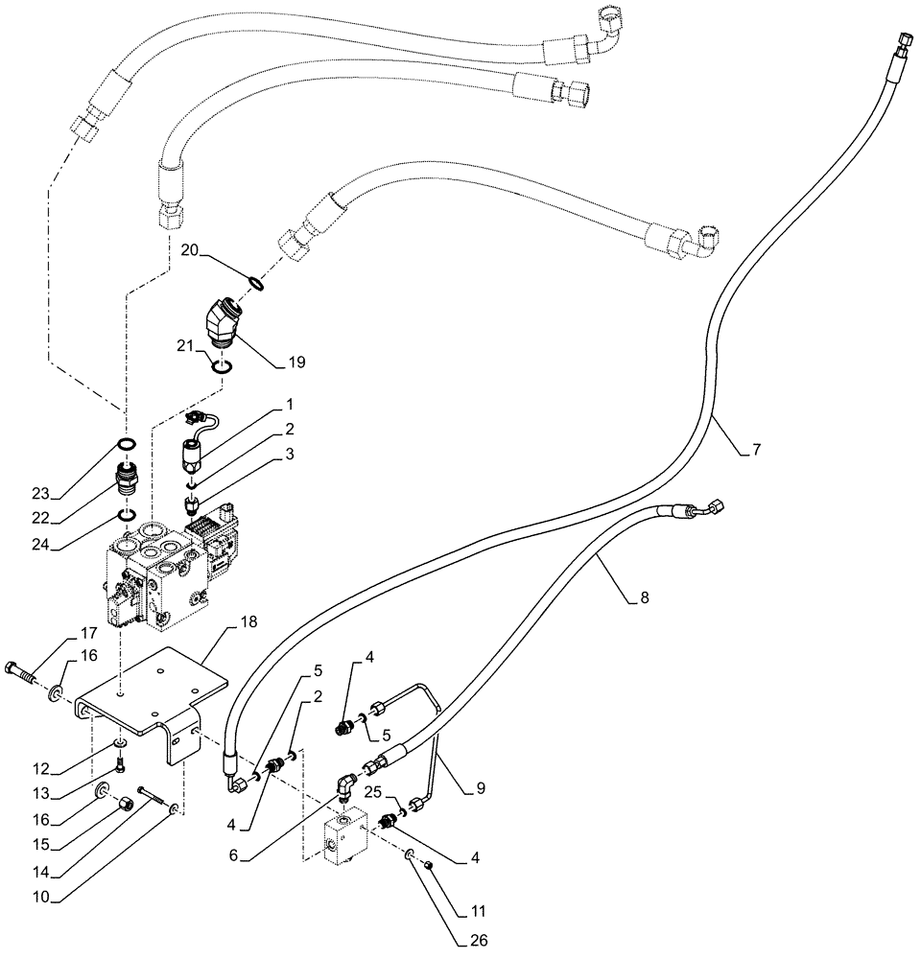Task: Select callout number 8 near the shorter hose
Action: (x=643, y=598)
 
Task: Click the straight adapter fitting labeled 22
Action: (x=127, y=477)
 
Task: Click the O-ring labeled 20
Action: (x=255, y=282)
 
